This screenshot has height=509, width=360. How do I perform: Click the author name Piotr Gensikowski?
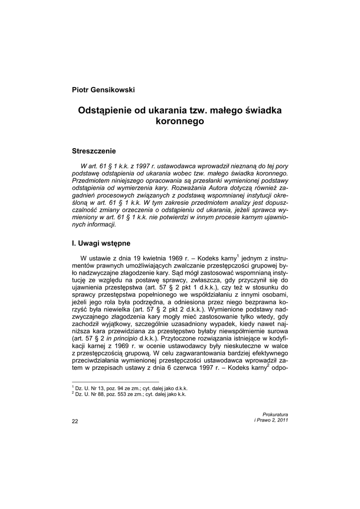[x=103, y=89]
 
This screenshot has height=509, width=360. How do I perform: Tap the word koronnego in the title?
[x=180, y=121]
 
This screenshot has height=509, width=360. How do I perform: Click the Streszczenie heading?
[x=94, y=151]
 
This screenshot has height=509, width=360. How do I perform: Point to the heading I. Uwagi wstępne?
[x=101, y=243]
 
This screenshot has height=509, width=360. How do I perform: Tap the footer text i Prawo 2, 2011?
[x=271, y=420]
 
